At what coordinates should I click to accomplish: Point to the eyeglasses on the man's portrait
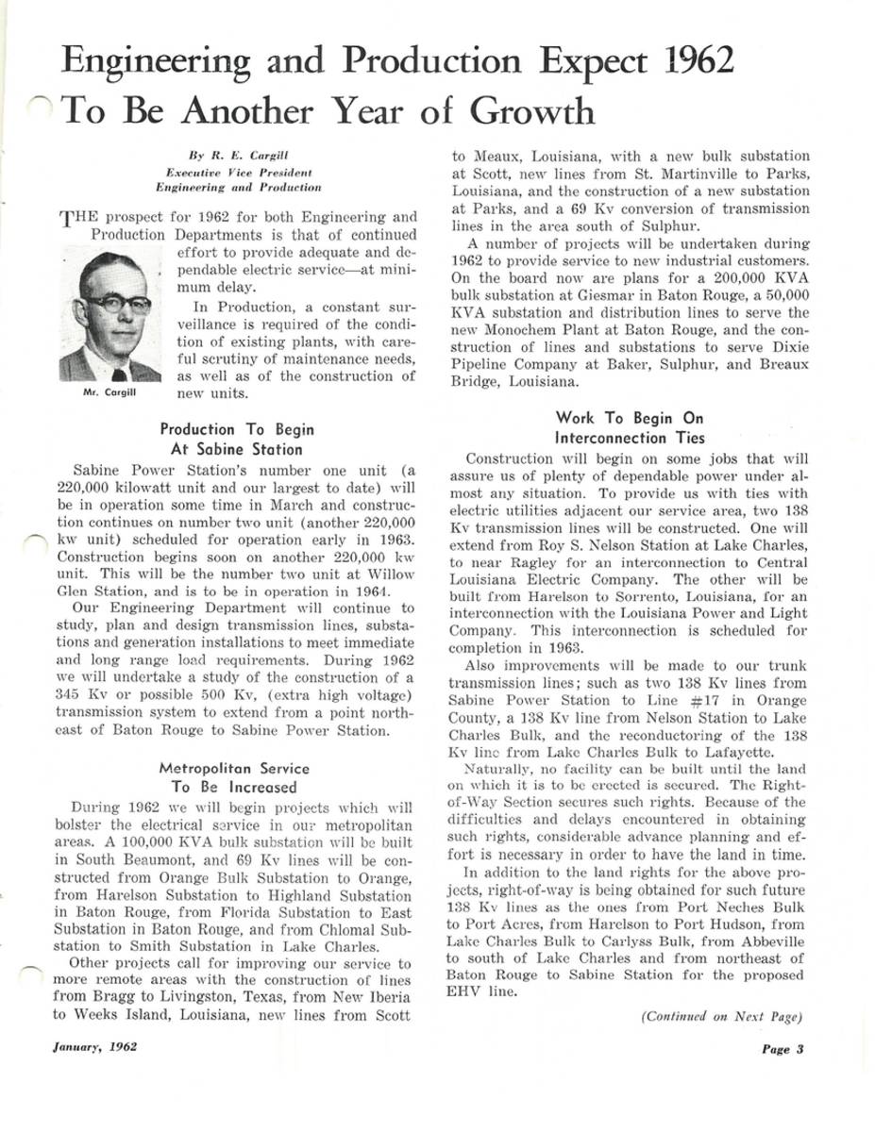point(117,304)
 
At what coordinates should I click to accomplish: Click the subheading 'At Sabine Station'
point(237,449)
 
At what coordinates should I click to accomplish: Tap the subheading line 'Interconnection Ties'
point(630,438)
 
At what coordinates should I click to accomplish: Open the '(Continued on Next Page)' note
point(721,1016)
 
